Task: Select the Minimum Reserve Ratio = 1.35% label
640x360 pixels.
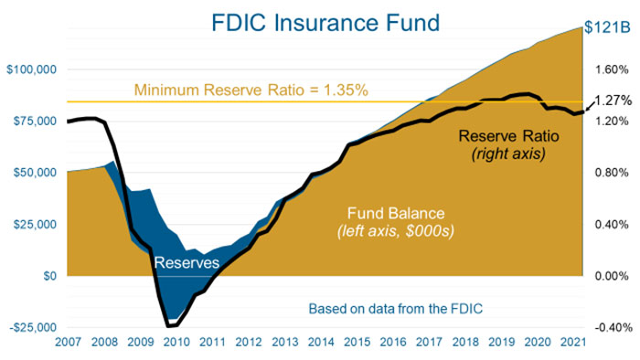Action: pyautogui.click(x=251, y=90)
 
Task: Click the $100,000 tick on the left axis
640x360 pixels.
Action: pyautogui.click(x=32, y=69)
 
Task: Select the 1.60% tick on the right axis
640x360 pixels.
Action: pyautogui.click(x=610, y=69)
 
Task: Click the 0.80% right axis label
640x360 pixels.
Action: pyautogui.click(x=610, y=173)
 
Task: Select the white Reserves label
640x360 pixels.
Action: pyautogui.click(x=186, y=263)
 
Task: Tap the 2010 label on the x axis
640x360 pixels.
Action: pyautogui.click(x=176, y=342)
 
